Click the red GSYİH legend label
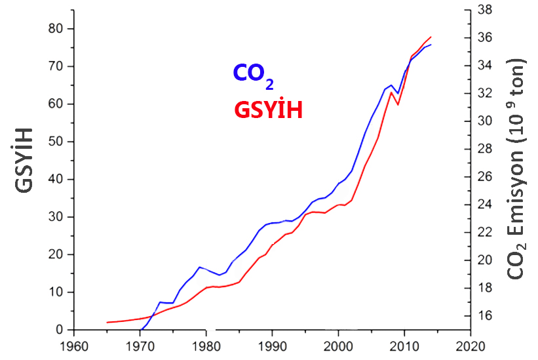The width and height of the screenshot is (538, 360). [268, 110]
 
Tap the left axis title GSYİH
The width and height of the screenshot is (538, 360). [26, 169]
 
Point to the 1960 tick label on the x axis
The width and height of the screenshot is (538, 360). [74, 346]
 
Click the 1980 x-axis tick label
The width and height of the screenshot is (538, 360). [206, 346]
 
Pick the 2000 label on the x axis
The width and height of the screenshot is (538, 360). [338, 346]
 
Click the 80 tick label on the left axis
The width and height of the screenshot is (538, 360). [57, 29]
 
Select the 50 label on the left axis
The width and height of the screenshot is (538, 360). [57, 142]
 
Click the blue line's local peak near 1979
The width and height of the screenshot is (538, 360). [199, 268]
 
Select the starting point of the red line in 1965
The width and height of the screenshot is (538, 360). [107, 323]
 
